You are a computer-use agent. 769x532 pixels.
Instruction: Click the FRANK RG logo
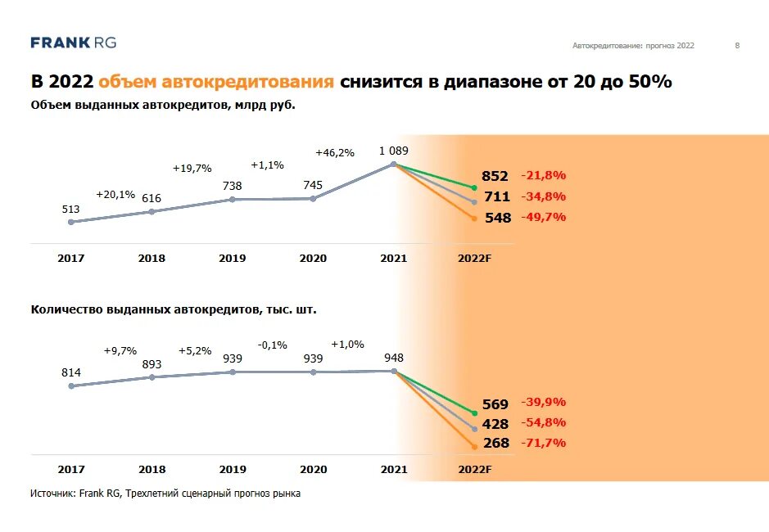click(73, 43)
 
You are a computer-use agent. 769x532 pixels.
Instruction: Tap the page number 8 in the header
click(737, 46)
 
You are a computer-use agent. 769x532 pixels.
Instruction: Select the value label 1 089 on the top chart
click(393, 151)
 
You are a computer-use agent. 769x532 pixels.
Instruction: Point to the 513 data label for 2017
click(70, 209)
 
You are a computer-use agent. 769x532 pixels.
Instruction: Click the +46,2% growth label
click(335, 152)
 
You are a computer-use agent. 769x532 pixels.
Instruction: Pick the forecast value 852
click(495, 176)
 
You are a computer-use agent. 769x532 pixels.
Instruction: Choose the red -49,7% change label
click(544, 217)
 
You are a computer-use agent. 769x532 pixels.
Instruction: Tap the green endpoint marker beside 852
click(474, 187)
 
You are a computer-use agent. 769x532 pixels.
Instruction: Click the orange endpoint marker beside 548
click(474, 218)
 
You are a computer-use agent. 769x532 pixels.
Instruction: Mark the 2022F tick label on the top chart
click(475, 258)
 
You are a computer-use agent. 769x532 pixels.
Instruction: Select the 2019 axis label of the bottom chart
click(232, 469)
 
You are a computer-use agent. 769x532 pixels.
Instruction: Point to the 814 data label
click(70, 372)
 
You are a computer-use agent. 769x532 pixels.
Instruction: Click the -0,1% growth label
click(273, 345)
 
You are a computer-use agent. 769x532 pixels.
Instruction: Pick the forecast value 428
click(495, 424)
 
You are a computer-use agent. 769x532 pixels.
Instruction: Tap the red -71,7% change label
click(544, 443)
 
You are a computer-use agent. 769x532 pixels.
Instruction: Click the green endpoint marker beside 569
click(474, 413)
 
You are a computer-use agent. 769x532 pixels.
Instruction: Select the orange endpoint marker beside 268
click(474, 446)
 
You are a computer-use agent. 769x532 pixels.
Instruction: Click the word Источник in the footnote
click(52, 494)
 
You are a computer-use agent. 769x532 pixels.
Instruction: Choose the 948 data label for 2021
click(393, 358)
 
